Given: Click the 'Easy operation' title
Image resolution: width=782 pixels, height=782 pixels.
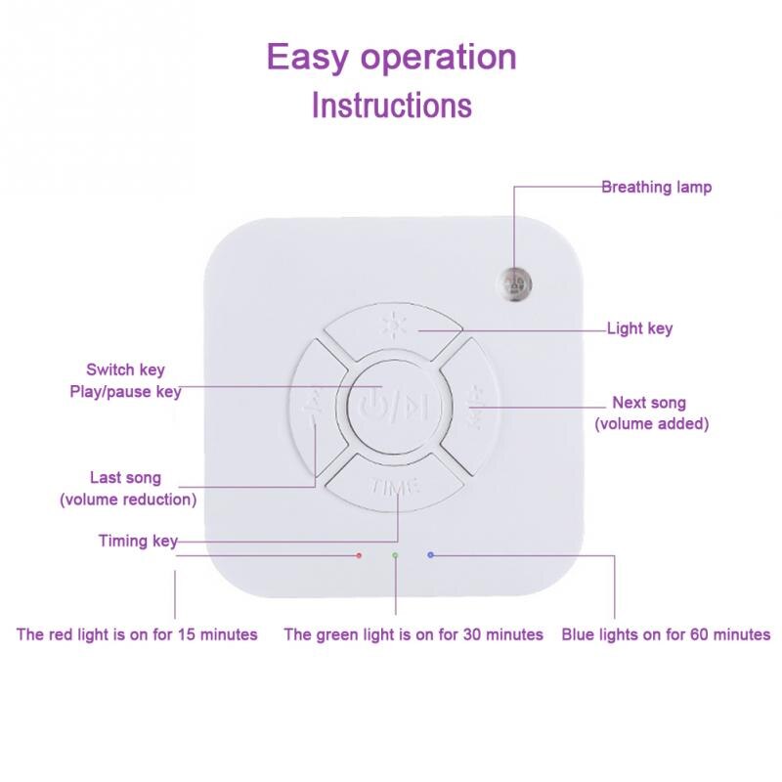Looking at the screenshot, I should [x=391, y=58].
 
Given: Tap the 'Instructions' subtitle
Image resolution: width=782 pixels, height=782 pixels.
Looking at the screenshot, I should [x=391, y=105].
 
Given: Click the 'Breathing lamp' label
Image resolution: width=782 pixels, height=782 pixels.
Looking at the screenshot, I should [x=656, y=187].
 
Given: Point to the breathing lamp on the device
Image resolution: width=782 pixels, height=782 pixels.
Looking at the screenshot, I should [x=514, y=282].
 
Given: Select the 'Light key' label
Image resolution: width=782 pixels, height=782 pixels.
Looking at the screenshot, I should [x=639, y=329].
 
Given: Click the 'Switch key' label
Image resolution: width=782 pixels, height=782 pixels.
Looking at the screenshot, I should [x=125, y=370].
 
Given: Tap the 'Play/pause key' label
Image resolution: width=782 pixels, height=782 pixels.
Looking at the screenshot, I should [x=125, y=391].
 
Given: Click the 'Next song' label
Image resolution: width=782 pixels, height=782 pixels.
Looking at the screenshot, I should [x=649, y=403].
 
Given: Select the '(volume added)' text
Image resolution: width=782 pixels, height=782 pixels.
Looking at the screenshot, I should [x=652, y=423].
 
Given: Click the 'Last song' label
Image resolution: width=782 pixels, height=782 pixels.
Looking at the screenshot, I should [x=125, y=478].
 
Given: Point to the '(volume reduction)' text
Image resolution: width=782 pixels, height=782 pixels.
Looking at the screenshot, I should [x=128, y=500].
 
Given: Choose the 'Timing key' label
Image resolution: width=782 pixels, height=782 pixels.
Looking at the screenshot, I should [x=137, y=541].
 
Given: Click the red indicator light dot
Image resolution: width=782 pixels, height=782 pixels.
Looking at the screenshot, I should [x=360, y=555].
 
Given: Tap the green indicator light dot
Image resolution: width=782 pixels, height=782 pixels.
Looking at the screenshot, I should [x=395, y=555].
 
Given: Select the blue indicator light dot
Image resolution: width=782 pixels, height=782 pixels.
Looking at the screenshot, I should [x=430, y=554].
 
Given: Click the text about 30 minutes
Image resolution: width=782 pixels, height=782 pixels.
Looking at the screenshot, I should [x=413, y=634].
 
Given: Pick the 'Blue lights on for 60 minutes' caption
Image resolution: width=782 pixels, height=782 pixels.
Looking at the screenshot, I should [x=666, y=634].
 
